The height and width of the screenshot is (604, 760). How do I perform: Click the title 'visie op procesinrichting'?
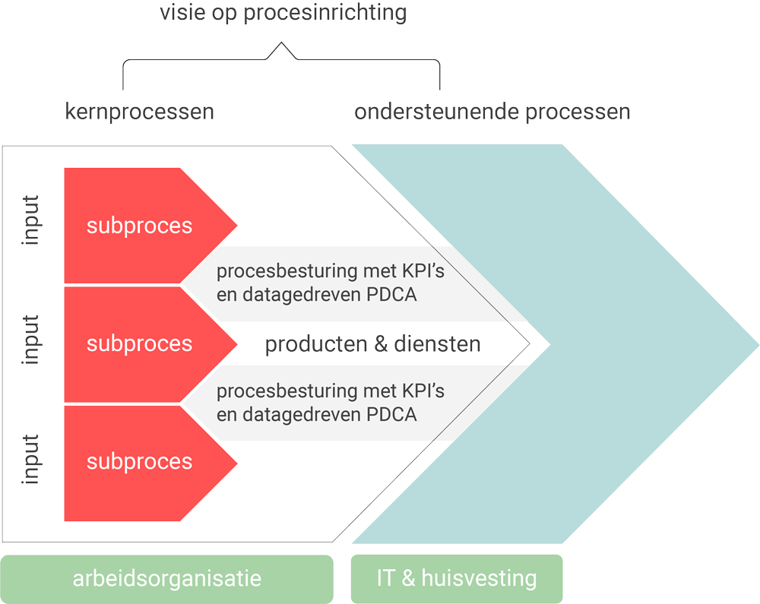click(x=283, y=13)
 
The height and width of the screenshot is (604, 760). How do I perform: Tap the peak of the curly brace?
click(x=281, y=46)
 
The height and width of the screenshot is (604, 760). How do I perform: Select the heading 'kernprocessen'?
click(x=139, y=112)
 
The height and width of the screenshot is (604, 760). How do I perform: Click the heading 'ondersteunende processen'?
click(x=492, y=112)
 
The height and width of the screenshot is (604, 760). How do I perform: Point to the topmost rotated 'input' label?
click(x=31, y=222)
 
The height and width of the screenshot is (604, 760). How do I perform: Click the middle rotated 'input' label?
click(x=31, y=340)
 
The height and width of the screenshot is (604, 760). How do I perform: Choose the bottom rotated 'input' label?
click(x=31, y=459)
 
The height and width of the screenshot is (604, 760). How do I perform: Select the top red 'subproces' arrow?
click(x=140, y=226)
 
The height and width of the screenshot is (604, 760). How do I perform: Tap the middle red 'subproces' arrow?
click(x=140, y=343)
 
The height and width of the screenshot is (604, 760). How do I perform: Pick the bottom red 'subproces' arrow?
click(x=140, y=462)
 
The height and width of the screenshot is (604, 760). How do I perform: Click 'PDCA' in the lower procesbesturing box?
click(x=391, y=415)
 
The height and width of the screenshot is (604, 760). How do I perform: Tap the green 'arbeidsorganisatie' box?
click(x=167, y=579)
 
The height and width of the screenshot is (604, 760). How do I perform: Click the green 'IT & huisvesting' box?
click(x=457, y=579)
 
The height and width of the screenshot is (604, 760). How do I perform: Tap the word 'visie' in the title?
click(x=182, y=13)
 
